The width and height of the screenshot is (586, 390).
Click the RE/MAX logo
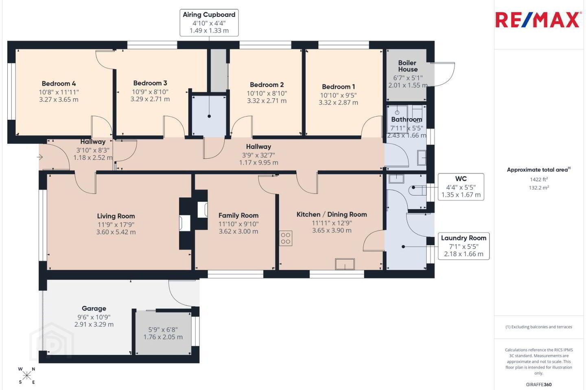point(537,20)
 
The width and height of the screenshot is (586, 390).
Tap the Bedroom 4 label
point(59,84)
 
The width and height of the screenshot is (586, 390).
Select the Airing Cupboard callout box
point(209,22)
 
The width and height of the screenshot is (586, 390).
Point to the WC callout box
point(461,187)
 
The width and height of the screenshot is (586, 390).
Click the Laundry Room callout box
point(464,246)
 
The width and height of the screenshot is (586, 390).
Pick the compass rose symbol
point(27,376)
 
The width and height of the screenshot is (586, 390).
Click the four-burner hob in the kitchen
point(286,238)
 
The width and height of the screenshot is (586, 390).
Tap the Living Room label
point(116,216)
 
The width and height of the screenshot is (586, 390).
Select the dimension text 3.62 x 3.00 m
point(238,231)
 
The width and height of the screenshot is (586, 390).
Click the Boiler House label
point(408,66)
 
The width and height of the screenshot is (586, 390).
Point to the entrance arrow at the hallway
point(40,157)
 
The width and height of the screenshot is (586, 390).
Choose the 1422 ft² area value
point(539,180)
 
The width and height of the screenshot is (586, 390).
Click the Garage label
point(94,308)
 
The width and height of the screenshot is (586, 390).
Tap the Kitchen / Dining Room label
point(332,214)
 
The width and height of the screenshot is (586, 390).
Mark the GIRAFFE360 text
point(539,384)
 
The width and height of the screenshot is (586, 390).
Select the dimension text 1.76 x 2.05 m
point(163,337)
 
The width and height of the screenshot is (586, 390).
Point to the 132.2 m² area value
point(539,188)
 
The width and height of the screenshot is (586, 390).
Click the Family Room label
point(238,215)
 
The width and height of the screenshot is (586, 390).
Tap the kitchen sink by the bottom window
point(345,264)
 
